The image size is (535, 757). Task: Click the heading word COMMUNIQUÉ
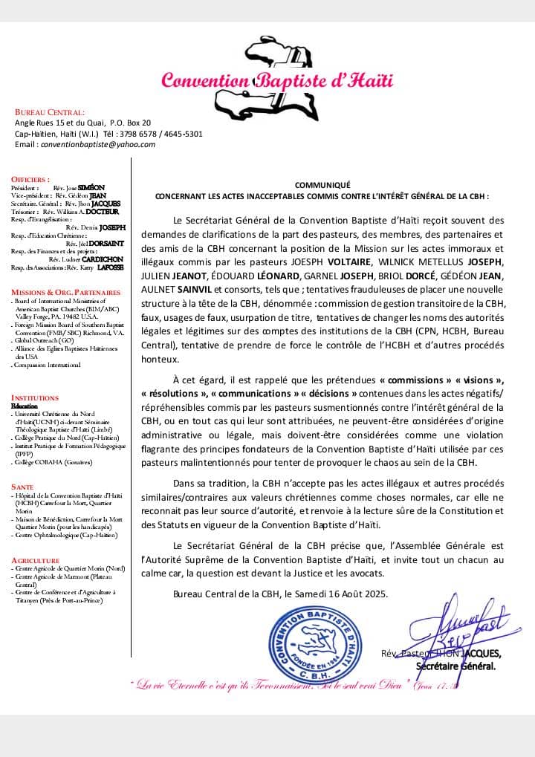[322, 185]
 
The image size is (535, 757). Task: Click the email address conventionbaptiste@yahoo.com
[98, 145]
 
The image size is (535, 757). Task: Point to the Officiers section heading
[30, 179]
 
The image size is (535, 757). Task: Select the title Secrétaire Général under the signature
[455, 666]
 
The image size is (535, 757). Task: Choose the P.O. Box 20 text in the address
[130, 123]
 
